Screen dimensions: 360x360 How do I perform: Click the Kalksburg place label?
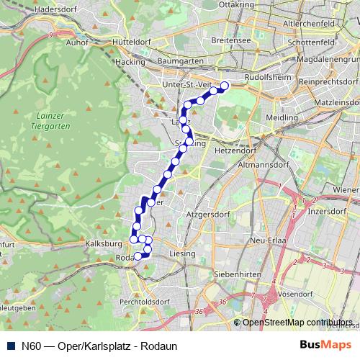coord(101,244)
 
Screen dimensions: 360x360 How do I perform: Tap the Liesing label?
coord(182,254)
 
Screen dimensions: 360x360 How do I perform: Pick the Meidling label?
coord(282,117)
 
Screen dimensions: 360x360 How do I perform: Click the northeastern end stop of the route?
coord(224,86)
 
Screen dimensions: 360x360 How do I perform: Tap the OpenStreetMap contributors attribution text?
coord(297,323)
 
